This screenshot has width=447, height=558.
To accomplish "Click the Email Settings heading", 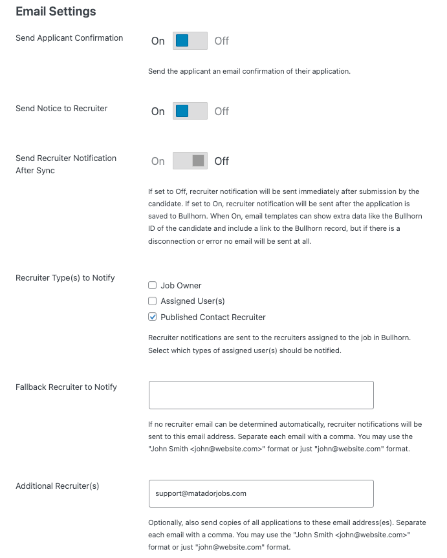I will [x=56, y=12].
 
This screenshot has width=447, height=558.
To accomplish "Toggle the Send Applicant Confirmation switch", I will [x=190, y=41].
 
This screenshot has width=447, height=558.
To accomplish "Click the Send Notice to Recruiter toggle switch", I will [x=190, y=111].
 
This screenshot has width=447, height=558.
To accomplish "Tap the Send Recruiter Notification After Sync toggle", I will [x=190, y=161].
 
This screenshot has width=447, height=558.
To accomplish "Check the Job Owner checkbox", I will [x=153, y=285].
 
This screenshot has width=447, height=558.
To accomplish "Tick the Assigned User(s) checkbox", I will [x=153, y=301].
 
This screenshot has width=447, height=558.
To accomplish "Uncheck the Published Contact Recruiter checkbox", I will [x=153, y=317].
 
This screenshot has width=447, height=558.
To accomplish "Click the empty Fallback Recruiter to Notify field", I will [x=261, y=395].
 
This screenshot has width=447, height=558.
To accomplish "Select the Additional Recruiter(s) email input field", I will [x=261, y=493].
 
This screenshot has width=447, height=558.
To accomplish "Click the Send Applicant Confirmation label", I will [x=69, y=38].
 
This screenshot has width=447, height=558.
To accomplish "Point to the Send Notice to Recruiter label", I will [x=61, y=109].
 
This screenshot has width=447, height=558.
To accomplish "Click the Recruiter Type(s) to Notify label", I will [x=65, y=278].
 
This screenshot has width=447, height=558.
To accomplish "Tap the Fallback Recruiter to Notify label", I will [x=66, y=387].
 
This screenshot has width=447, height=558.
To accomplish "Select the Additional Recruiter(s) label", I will [x=58, y=486].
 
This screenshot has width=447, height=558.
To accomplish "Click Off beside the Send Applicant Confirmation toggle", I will [x=222, y=41].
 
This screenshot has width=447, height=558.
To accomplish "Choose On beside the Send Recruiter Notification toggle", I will [x=158, y=161].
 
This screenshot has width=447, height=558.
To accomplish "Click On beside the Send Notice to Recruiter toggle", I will [x=158, y=111].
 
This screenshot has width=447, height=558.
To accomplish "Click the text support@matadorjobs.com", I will [x=201, y=493].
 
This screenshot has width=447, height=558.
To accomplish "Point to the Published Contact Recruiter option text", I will [x=213, y=317].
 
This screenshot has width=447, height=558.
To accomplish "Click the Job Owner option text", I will [x=181, y=285].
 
